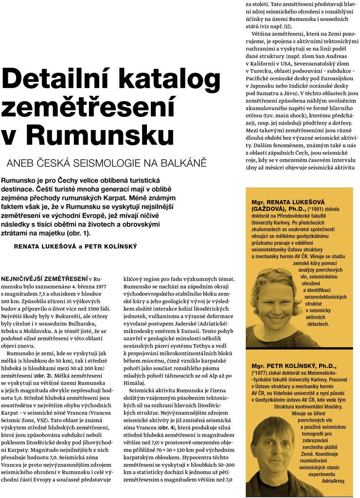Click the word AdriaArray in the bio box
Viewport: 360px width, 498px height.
click(x=333, y=481)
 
